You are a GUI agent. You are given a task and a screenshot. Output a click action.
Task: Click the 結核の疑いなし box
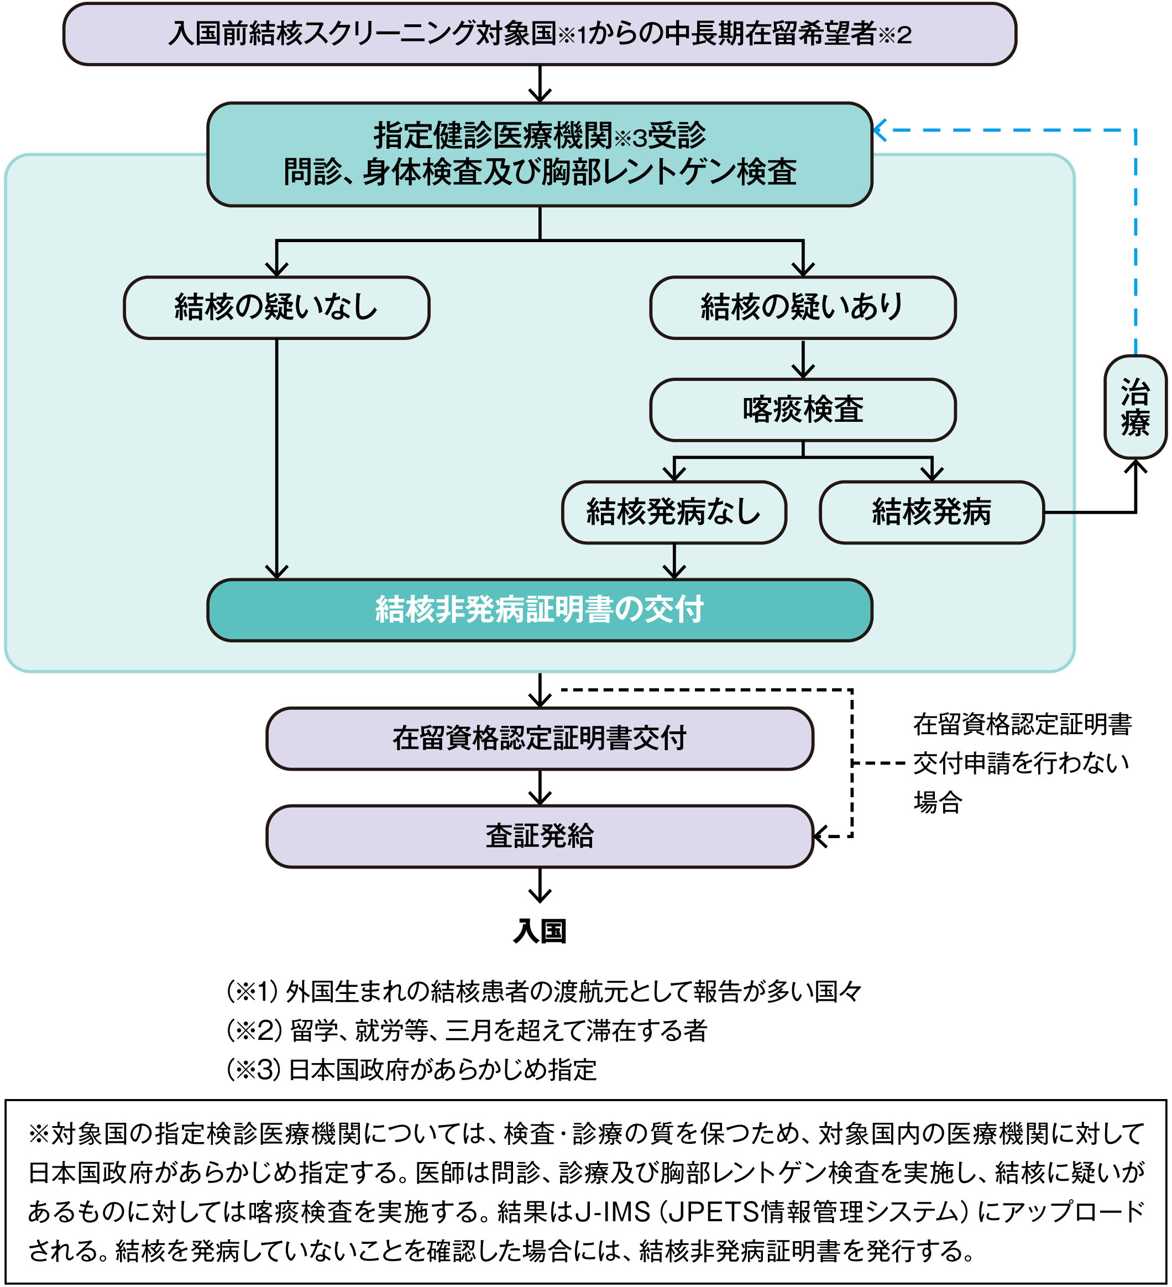pos(276,307)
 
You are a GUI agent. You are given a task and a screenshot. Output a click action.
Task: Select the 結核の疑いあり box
pos(802,307)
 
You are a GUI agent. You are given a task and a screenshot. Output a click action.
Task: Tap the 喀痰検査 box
pos(802,409)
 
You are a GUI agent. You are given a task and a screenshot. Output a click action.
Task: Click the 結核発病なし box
pos(673,512)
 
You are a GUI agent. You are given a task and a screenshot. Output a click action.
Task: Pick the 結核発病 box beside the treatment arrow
pos(932,512)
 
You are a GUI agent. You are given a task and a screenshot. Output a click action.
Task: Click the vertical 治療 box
pos(1135,407)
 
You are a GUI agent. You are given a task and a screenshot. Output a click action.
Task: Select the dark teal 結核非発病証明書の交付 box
pos(540,610)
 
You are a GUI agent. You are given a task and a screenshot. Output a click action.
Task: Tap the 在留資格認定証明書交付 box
pos(540,739)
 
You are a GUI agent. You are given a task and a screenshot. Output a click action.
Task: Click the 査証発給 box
pos(540,836)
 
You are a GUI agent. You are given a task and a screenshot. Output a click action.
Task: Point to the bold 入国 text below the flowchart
pos(540,932)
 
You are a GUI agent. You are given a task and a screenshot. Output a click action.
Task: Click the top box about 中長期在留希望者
pos(540,34)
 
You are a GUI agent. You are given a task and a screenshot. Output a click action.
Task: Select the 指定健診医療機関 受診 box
pos(540,154)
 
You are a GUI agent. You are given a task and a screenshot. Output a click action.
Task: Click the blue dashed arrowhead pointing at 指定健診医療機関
pos(879,130)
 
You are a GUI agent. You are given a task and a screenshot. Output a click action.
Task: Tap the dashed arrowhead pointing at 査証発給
pos(821,836)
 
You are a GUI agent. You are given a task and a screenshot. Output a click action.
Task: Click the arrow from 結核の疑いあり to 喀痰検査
pos(802,359)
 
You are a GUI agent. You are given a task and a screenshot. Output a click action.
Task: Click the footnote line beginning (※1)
pos(544,991)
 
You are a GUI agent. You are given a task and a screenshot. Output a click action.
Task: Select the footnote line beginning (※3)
pos(412,1069)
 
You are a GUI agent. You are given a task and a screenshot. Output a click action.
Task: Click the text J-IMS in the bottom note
pos(612,1211)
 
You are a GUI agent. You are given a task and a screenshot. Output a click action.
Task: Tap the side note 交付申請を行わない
pos(1021,763)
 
